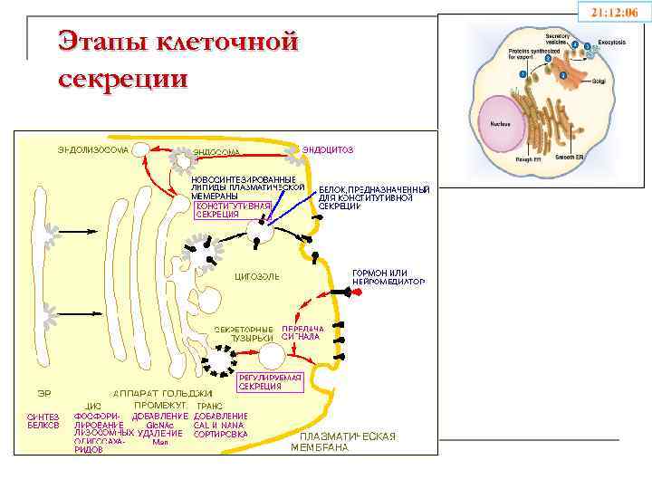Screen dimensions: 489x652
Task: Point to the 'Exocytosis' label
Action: (x=616, y=43)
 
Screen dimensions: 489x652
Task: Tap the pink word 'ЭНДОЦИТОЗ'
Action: (x=327, y=149)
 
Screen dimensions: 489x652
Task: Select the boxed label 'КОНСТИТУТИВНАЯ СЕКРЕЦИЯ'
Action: (x=233, y=210)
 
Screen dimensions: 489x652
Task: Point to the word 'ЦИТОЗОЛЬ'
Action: (x=257, y=275)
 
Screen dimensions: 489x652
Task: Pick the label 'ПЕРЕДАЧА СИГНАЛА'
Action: (x=302, y=332)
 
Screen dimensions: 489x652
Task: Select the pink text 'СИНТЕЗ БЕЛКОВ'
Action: (x=43, y=420)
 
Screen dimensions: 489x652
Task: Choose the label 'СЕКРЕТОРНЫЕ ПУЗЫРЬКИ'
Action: (x=244, y=332)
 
